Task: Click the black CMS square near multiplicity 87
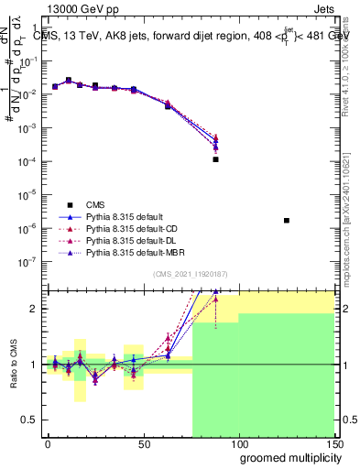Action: (215, 159)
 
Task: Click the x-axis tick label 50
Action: (143, 442)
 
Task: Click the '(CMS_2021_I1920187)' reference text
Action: (189, 274)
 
